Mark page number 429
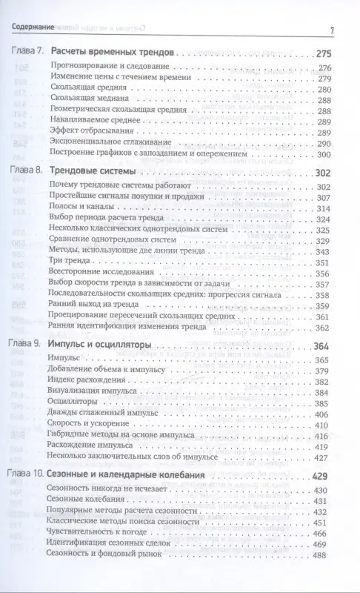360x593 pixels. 323,476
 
